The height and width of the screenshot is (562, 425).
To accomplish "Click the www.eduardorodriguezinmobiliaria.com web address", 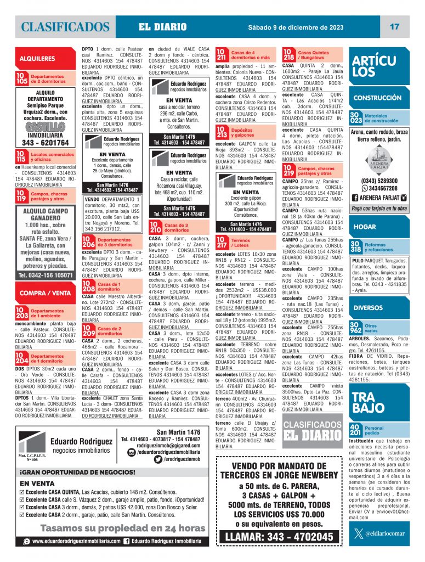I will pos(76,541).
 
